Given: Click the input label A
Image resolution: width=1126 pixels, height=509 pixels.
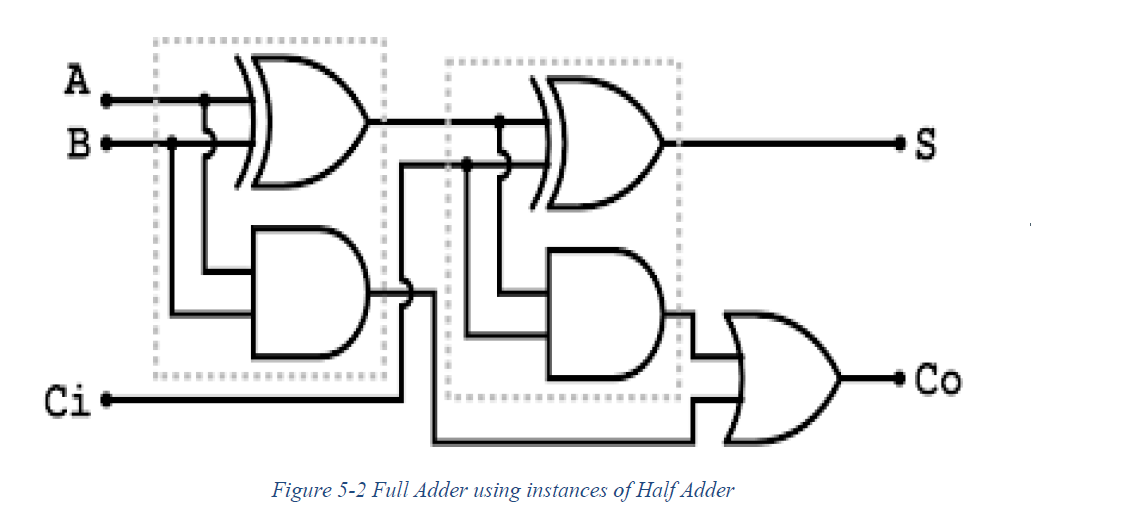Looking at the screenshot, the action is click(x=77, y=81).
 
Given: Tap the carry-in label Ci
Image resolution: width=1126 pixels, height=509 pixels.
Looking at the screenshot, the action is click(x=67, y=401).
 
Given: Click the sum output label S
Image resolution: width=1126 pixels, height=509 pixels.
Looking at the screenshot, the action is click(x=926, y=145).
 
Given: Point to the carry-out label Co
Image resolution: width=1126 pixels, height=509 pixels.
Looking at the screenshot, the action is click(x=939, y=380).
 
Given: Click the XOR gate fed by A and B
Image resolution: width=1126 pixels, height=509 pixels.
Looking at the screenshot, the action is click(x=305, y=120).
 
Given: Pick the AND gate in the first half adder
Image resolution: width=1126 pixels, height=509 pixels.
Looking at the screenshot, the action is click(x=305, y=293).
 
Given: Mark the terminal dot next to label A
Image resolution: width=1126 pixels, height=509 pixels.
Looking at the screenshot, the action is click(x=106, y=101).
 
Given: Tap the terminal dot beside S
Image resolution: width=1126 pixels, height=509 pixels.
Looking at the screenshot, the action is click(x=901, y=145).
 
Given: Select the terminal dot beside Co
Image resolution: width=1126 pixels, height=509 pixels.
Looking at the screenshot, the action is click(x=901, y=380).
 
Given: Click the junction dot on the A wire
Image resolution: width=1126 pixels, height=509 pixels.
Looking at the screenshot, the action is click(x=205, y=100).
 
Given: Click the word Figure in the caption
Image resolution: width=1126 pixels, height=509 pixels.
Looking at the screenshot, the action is click(x=297, y=490).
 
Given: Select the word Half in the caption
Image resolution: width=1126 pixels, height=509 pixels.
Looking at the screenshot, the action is click(x=643, y=490).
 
